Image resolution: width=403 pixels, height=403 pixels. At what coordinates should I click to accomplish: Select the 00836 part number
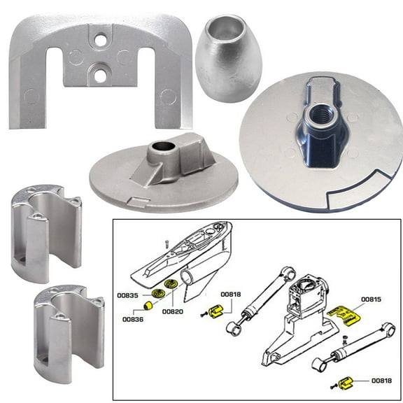coord(133,319)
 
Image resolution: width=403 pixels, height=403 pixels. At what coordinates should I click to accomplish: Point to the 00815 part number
coord(372,299)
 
